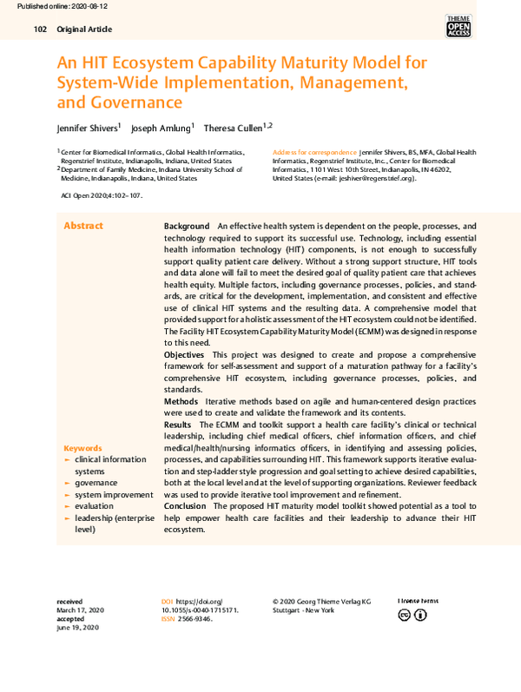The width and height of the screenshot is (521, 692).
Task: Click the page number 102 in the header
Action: click(x=39, y=30)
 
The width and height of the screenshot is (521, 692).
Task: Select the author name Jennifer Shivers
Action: click(x=89, y=127)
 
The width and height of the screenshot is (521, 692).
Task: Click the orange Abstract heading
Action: click(x=83, y=226)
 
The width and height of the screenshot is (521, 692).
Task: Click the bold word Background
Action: click(x=187, y=226)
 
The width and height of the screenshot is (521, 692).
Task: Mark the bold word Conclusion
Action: click(x=185, y=505)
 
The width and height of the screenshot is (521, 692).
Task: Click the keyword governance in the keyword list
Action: click(x=96, y=483)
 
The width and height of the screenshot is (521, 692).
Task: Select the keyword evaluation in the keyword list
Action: click(x=94, y=505)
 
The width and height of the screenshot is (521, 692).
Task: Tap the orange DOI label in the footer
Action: click(x=167, y=601)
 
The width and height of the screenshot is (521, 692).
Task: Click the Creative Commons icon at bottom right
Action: click(x=404, y=616)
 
